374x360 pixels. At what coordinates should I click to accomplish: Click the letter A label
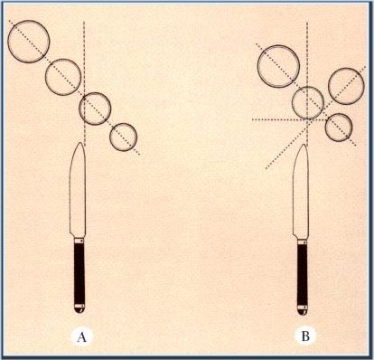[81, 336]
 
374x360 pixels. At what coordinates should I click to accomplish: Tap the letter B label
[305, 336]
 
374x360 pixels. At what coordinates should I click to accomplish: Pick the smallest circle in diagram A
[124, 123]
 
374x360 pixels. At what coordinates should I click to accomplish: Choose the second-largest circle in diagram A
[63, 59]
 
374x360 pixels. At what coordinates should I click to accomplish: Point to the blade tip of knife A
[79, 142]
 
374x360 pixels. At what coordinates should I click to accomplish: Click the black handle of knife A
[79, 273]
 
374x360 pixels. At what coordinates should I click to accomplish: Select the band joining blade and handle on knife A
[79, 241]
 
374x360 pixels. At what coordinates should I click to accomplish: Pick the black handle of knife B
[303, 275]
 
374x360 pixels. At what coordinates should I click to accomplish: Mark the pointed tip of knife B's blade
[304, 145]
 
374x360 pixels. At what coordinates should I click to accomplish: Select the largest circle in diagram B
[278, 45]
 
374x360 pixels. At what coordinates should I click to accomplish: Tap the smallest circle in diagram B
[339, 113]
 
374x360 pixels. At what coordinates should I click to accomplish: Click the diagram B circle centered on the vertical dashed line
[308, 87]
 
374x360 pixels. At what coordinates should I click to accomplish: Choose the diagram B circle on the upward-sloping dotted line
[346, 68]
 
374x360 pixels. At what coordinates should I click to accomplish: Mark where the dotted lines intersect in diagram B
[307, 119]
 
